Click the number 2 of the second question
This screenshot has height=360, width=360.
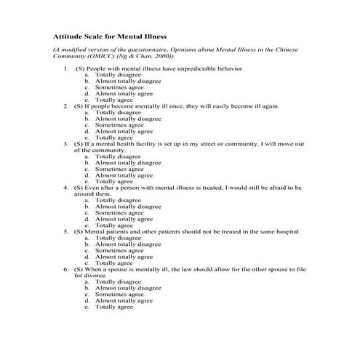66,106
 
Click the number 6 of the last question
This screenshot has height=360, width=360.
66,269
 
